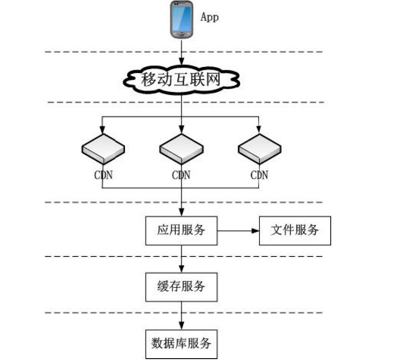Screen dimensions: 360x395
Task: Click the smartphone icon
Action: (x=182, y=19)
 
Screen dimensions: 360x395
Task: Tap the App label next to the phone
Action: (x=209, y=18)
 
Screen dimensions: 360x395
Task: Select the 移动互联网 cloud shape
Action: (x=181, y=80)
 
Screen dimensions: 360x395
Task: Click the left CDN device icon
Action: (x=103, y=149)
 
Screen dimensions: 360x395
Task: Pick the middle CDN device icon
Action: (x=181, y=149)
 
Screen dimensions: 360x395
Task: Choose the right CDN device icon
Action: (x=259, y=149)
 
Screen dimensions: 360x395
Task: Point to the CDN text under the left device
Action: (x=103, y=175)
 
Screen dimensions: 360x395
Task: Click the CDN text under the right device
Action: (x=259, y=175)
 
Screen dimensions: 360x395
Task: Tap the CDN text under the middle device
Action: (x=181, y=175)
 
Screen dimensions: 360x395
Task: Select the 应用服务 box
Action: (x=181, y=230)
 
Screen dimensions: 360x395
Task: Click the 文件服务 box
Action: (x=295, y=230)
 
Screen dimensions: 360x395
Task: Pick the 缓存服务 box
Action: (x=181, y=287)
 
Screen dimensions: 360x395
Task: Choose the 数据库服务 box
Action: (x=181, y=344)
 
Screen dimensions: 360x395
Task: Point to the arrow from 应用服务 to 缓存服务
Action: (x=181, y=259)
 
